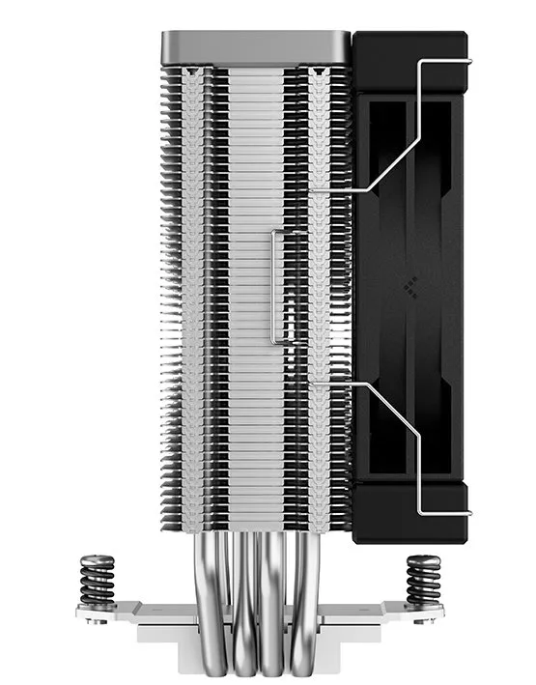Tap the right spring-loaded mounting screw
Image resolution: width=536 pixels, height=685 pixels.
click(x=422, y=578)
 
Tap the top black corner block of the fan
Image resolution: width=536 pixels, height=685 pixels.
click(x=410, y=58)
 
